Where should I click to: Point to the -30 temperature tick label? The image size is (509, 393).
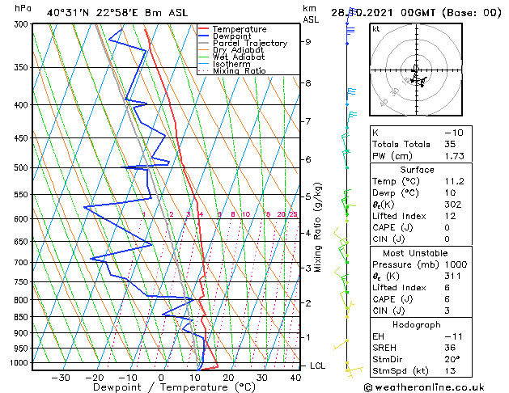tap(60, 378)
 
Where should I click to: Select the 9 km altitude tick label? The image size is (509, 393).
tap(308, 41)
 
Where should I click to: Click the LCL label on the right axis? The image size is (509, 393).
tap(317, 366)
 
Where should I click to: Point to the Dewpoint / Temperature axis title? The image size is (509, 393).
tap(162, 388)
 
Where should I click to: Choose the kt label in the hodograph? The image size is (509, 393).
tap(375, 29)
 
